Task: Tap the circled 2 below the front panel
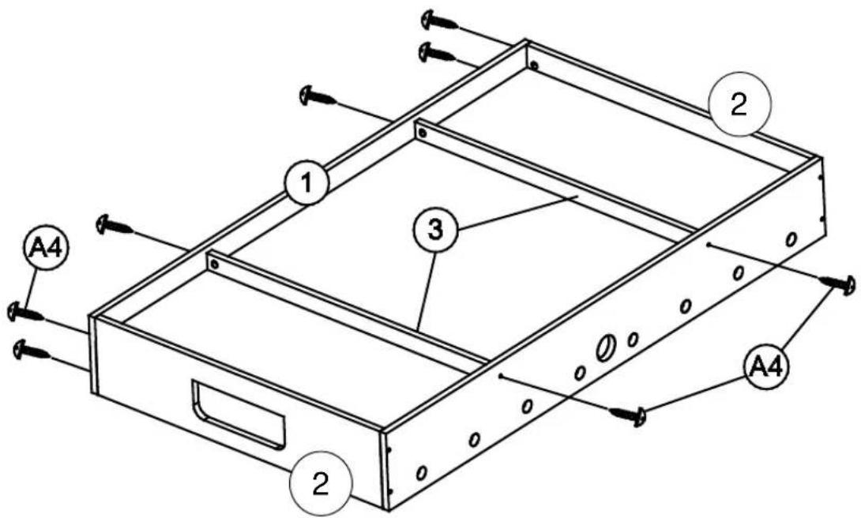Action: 320,484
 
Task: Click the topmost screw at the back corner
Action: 437,18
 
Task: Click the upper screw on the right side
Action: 839,283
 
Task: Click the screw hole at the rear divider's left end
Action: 423,134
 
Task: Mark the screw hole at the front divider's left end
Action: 214,266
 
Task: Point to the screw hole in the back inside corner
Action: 535,65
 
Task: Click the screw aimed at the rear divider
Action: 319,97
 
